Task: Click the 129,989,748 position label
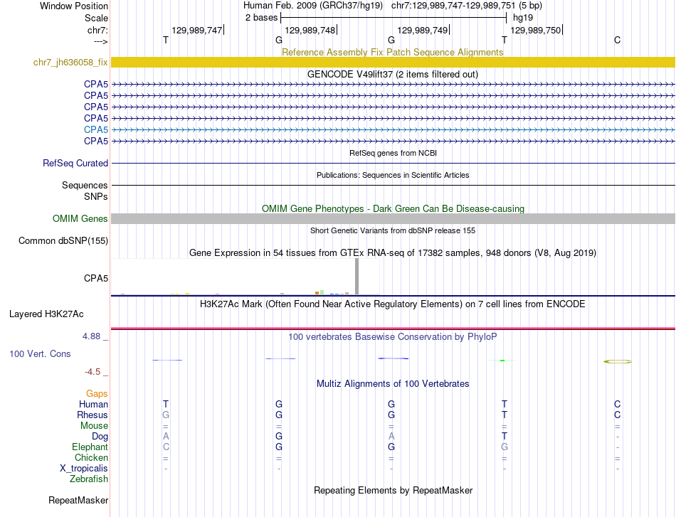pos(310,30)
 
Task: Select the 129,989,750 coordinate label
pos(536,30)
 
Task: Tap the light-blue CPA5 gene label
pos(96,129)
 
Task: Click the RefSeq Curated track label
pos(75,164)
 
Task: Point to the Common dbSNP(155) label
pos(63,241)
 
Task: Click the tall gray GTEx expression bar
pos(357,276)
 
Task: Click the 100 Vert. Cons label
pos(40,353)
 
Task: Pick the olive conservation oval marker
pos(617,361)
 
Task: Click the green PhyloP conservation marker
pos(502,360)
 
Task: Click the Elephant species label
pos(90,447)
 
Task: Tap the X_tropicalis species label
pos(84,469)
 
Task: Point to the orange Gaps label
pos(97,393)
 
